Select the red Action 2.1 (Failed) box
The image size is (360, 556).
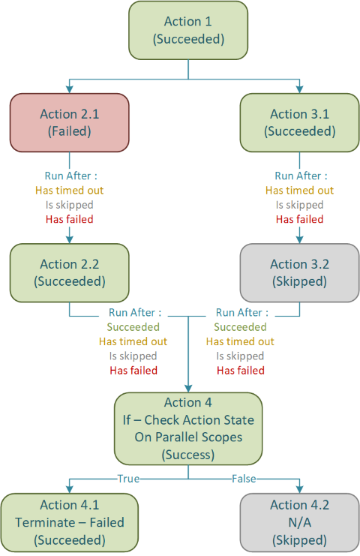(69, 122)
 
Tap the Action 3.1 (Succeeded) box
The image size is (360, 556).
(299, 122)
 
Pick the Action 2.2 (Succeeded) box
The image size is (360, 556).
(69, 272)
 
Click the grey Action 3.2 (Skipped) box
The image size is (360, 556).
(299, 272)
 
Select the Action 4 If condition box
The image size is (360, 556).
(187, 428)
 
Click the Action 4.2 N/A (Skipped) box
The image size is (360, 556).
(299, 522)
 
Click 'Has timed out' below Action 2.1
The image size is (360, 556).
(69, 191)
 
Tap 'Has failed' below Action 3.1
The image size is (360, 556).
(299, 220)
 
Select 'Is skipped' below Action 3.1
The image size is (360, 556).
(299, 205)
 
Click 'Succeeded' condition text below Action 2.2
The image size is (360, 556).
(133, 327)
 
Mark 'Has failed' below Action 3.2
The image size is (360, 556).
(241, 371)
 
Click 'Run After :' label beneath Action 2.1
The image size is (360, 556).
(69, 176)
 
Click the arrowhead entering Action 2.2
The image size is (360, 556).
(69, 239)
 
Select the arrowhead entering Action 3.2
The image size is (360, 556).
(299, 239)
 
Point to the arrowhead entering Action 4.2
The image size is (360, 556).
(299, 488)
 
